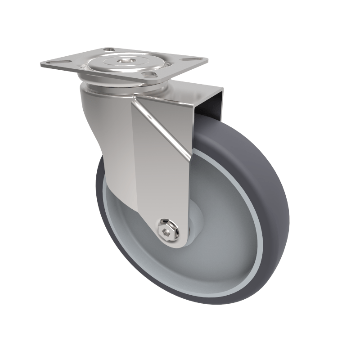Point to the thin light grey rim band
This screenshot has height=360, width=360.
[x=258, y=234]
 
